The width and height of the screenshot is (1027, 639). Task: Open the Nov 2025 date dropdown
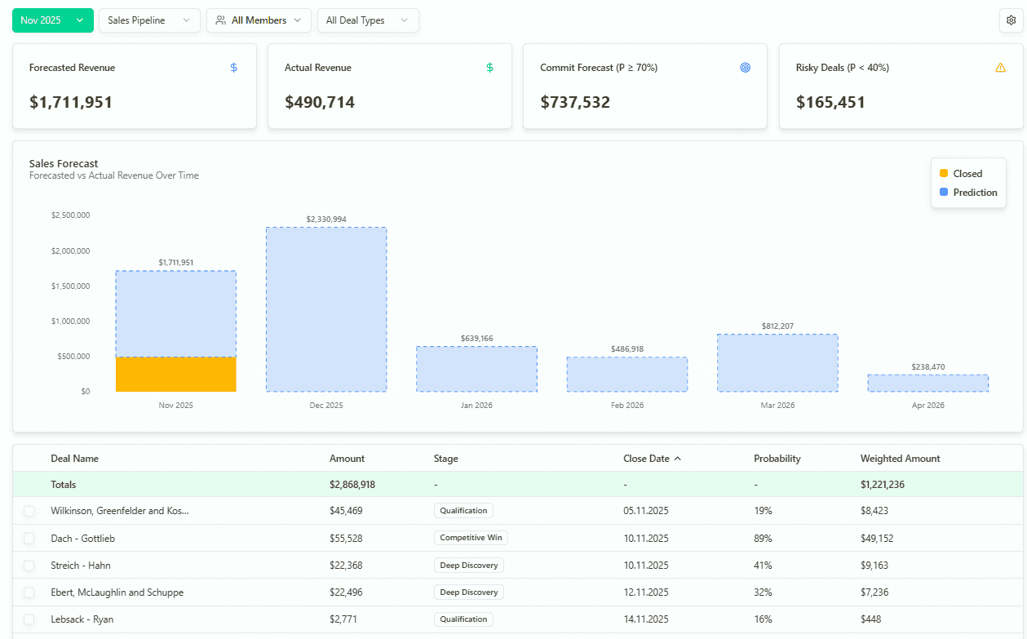click(x=52, y=20)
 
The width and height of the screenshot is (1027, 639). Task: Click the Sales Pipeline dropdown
click(x=149, y=20)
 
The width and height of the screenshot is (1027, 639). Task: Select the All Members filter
click(x=259, y=20)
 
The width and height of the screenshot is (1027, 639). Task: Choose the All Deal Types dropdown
click(x=367, y=20)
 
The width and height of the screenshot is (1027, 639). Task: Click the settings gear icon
click(x=1012, y=20)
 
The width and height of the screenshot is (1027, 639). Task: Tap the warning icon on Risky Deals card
click(x=1000, y=68)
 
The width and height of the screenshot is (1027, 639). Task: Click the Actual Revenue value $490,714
click(x=320, y=102)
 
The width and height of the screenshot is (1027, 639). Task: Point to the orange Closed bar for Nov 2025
click(x=175, y=375)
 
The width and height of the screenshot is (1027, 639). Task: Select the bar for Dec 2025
click(x=326, y=310)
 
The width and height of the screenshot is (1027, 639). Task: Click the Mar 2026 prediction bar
click(x=777, y=363)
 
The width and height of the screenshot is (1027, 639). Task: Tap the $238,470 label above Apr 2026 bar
click(x=927, y=367)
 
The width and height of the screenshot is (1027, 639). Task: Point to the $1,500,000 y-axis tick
click(x=70, y=286)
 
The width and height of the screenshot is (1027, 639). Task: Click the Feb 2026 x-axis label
click(x=627, y=406)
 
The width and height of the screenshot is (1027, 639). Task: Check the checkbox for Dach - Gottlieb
click(x=29, y=539)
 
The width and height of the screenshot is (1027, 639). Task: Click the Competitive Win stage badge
click(x=471, y=538)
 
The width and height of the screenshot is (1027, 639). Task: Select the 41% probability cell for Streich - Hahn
click(x=763, y=566)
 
